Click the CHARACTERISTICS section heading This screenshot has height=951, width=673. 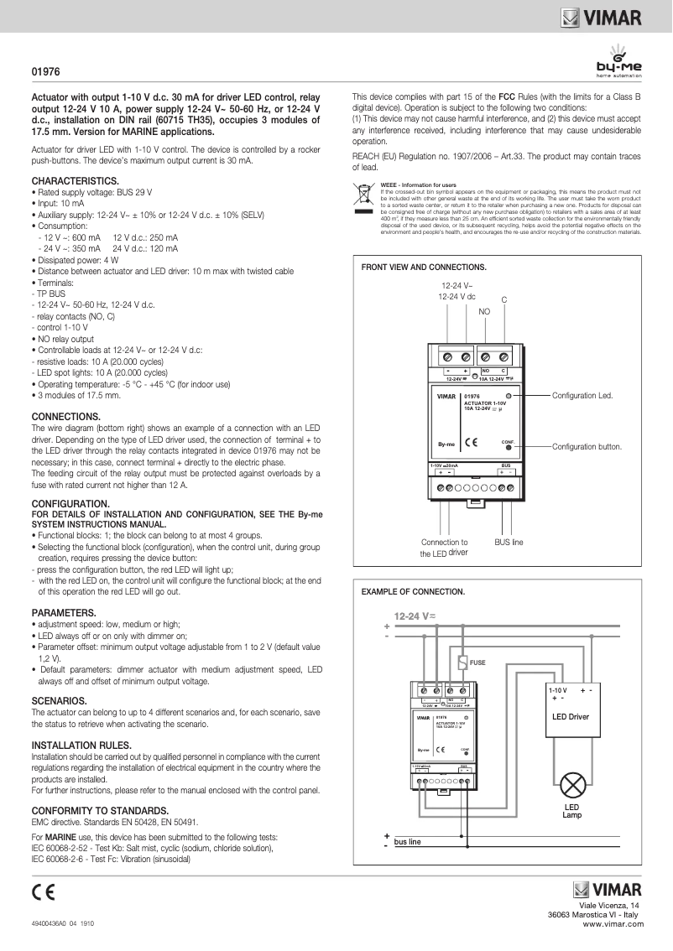(75, 180)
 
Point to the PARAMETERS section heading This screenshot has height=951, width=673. (64, 612)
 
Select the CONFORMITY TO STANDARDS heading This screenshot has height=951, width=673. (100, 811)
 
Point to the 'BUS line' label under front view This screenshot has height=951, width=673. (509, 543)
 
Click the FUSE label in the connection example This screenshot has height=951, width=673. (477, 663)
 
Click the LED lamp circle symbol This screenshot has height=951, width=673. (572, 786)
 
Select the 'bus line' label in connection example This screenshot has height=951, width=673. (408, 841)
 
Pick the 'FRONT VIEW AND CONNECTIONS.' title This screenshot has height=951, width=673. (423, 267)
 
